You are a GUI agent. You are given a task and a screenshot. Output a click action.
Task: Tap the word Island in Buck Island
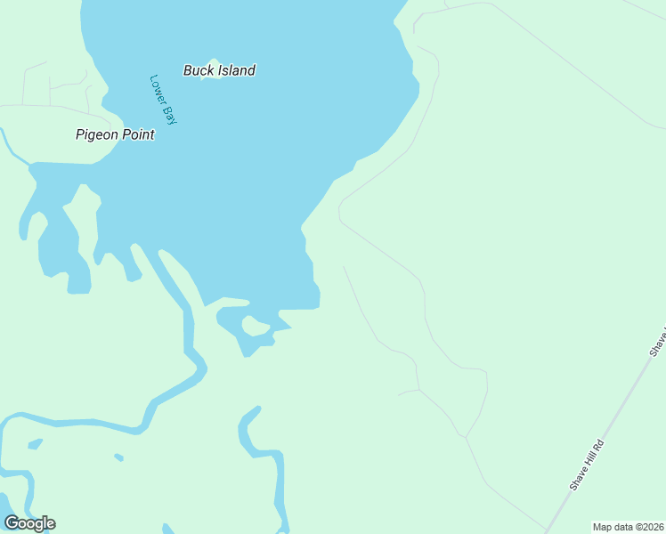[x=236, y=70]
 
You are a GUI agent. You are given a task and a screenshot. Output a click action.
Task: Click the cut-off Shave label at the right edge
[x=659, y=344]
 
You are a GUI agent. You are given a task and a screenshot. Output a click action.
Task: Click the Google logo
[x=29, y=522]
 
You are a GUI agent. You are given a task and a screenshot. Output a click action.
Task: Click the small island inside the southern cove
[x=256, y=327]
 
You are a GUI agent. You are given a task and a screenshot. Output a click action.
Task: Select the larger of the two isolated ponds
[x=35, y=443]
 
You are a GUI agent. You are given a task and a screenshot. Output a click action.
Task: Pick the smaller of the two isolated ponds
[x=118, y=457]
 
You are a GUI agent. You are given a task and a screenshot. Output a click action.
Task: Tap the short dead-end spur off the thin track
[x=407, y=392]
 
